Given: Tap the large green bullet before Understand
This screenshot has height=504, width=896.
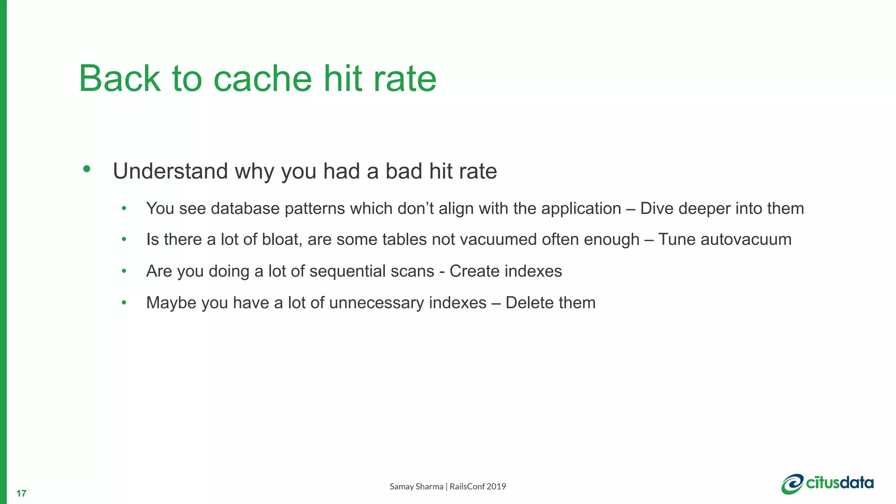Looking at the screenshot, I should pyautogui.click(x=87, y=169).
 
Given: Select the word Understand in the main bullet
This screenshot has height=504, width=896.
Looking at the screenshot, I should pyautogui.click(x=170, y=171).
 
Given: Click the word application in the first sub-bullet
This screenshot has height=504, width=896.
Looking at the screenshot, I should pyautogui.click(x=581, y=209).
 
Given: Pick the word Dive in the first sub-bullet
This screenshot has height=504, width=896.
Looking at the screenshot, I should pyautogui.click(x=656, y=209).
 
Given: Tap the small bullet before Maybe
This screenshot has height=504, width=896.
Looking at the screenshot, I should pyautogui.click(x=124, y=303).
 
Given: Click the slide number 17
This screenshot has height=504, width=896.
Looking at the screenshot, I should pyautogui.click(x=21, y=493).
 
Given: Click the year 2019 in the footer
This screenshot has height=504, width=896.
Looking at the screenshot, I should pyautogui.click(x=496, y=486).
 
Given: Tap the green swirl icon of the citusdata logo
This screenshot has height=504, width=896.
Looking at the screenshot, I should pyautogui.click(x=792, y=484).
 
